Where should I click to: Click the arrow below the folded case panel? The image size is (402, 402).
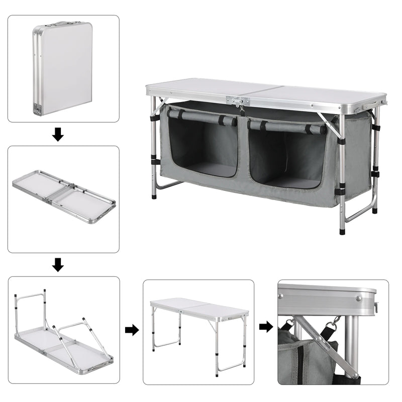click(x=58, y=134)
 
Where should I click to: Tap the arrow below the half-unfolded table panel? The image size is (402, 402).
click(x=58, y=264)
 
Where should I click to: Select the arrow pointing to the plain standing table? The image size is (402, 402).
click(x=132, y=330)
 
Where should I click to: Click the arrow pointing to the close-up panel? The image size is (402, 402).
click(x=266, y=327)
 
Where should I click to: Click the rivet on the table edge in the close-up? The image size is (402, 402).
click(x=359, y=298)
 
